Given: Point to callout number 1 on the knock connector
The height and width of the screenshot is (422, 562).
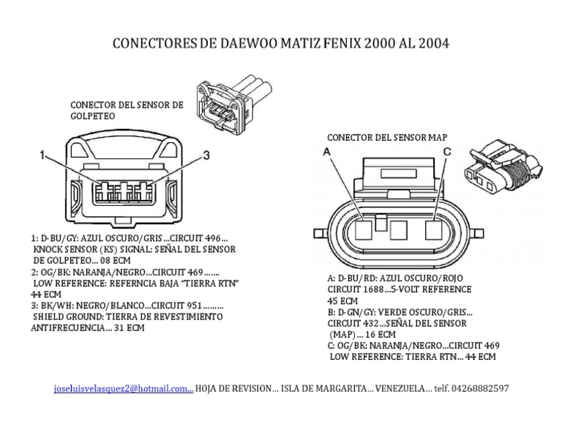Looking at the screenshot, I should (x=43, y=155).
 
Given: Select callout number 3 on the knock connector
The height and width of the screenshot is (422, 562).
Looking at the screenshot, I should (x=206, y=155).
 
